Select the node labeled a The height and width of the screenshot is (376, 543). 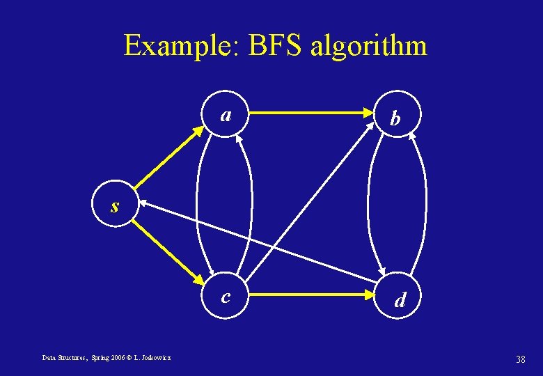[x=225, y=114]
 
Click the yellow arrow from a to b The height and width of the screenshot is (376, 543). [x=310, y=111]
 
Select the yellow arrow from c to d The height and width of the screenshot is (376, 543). [x=310, y=295]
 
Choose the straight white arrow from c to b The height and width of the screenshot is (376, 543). [x=311, y=202]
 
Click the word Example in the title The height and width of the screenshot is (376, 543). [x=180, y=46]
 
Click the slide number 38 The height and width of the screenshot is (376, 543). [x=519, y=359]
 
